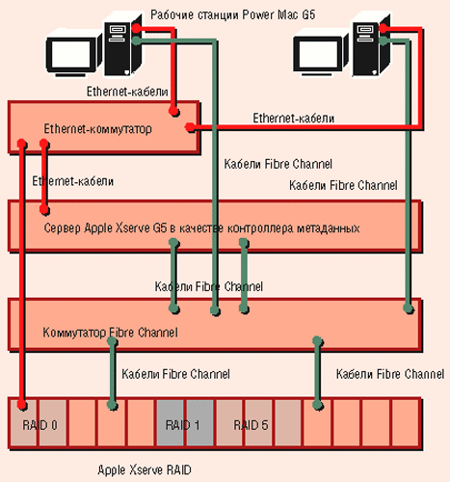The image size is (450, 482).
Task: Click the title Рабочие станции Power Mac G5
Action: point(233,14)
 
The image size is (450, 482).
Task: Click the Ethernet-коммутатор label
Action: point(97,129)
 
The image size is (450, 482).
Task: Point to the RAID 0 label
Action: point(40,425)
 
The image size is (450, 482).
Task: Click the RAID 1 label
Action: point(182,425)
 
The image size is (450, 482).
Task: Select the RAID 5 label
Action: point(251,425)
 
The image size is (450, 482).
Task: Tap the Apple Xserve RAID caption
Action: point(145,470)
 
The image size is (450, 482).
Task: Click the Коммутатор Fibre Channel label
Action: point(110,333)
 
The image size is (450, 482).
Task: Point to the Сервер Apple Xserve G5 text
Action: point(105,228)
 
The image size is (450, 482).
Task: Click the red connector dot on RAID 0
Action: point(22,405)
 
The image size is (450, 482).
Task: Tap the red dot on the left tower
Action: point(137,28)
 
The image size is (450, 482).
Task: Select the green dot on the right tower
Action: point(384,40)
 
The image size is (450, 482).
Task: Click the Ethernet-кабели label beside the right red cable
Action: point(294,119)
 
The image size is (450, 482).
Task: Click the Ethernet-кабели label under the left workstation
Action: point(127,92)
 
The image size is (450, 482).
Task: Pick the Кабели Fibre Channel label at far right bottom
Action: point(390,374)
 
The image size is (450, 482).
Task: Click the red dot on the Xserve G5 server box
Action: point(44,210)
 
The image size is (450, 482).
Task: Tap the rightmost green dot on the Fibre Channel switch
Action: point(409,308)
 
